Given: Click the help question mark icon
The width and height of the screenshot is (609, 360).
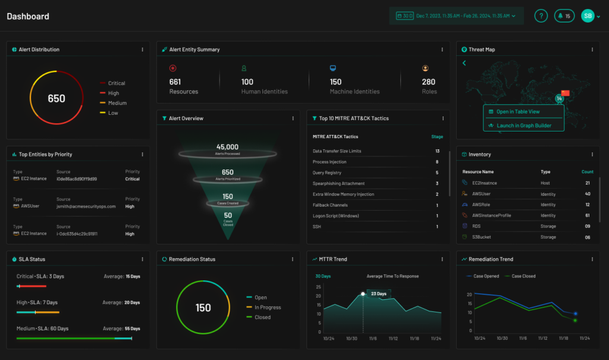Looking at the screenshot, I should point(540,16).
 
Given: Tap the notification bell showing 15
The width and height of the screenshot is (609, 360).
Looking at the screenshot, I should point(564,16).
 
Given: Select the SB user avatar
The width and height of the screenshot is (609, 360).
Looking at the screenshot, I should point(588,16).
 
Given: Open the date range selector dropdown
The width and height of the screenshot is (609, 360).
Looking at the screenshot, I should point(456,16).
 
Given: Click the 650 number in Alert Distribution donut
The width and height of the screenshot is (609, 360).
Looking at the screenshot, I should point(56,99).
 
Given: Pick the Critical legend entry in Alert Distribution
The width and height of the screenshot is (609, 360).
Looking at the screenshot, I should point(116,83).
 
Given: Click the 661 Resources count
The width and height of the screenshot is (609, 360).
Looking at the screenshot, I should point(175,82).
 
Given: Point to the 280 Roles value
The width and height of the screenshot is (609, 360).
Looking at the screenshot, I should point(428,82).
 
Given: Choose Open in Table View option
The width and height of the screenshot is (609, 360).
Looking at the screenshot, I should point(518,112).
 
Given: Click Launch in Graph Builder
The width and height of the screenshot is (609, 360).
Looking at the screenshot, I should point(523,126).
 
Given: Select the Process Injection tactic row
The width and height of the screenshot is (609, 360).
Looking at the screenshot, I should point(329,162).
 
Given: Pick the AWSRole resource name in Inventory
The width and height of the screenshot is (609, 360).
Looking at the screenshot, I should point(482,205).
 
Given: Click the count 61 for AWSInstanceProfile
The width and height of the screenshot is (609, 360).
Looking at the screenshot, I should point(587,215).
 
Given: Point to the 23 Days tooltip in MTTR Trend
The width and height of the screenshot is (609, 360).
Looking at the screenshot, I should point(379,294).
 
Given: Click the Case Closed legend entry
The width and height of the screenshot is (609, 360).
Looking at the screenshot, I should point(524,276).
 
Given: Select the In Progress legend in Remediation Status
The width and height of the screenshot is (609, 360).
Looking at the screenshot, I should point(267,308).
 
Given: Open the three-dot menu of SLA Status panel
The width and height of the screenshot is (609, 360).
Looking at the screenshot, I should point(142,259).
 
